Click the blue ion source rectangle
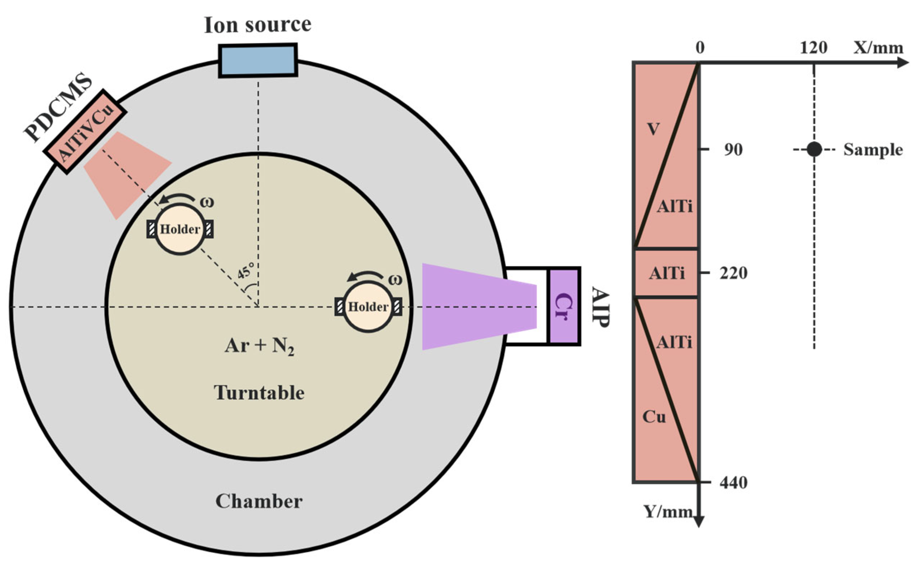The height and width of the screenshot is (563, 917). pyautogui.click(x=257, y=60)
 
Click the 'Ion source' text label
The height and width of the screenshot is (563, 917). pyautogui.click(x=257, y=25)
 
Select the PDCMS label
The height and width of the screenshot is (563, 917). pyautogui.click(x=58, y=108)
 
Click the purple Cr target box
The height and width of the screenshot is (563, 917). pyautogui.click(x=564, y=306)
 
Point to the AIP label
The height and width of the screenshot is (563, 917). pyautogui.click(x=600, y=307)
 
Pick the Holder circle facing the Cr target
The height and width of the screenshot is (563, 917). pyautogui.click(x=368, y=307)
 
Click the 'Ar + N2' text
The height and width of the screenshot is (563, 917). pyautogui.click(x=259, y=347)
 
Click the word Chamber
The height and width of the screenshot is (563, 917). pyautogui.click(x=259, y=501)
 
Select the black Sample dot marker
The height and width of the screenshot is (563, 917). pyautogui.click(x=814, y=150)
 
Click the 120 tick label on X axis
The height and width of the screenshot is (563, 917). pyautogui.click(x=814, y=48)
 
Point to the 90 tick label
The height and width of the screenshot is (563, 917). pyautogui.click(x=733, y=150)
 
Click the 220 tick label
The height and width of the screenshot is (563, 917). pyautogui.click(x=733, y=273)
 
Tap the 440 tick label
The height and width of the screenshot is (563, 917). pyautogui.click(x=733, y=483)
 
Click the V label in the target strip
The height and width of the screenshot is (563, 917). pyautogui.click(x=653, y=129)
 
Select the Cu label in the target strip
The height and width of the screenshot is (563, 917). pyautogui.click(x=654, y=417)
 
